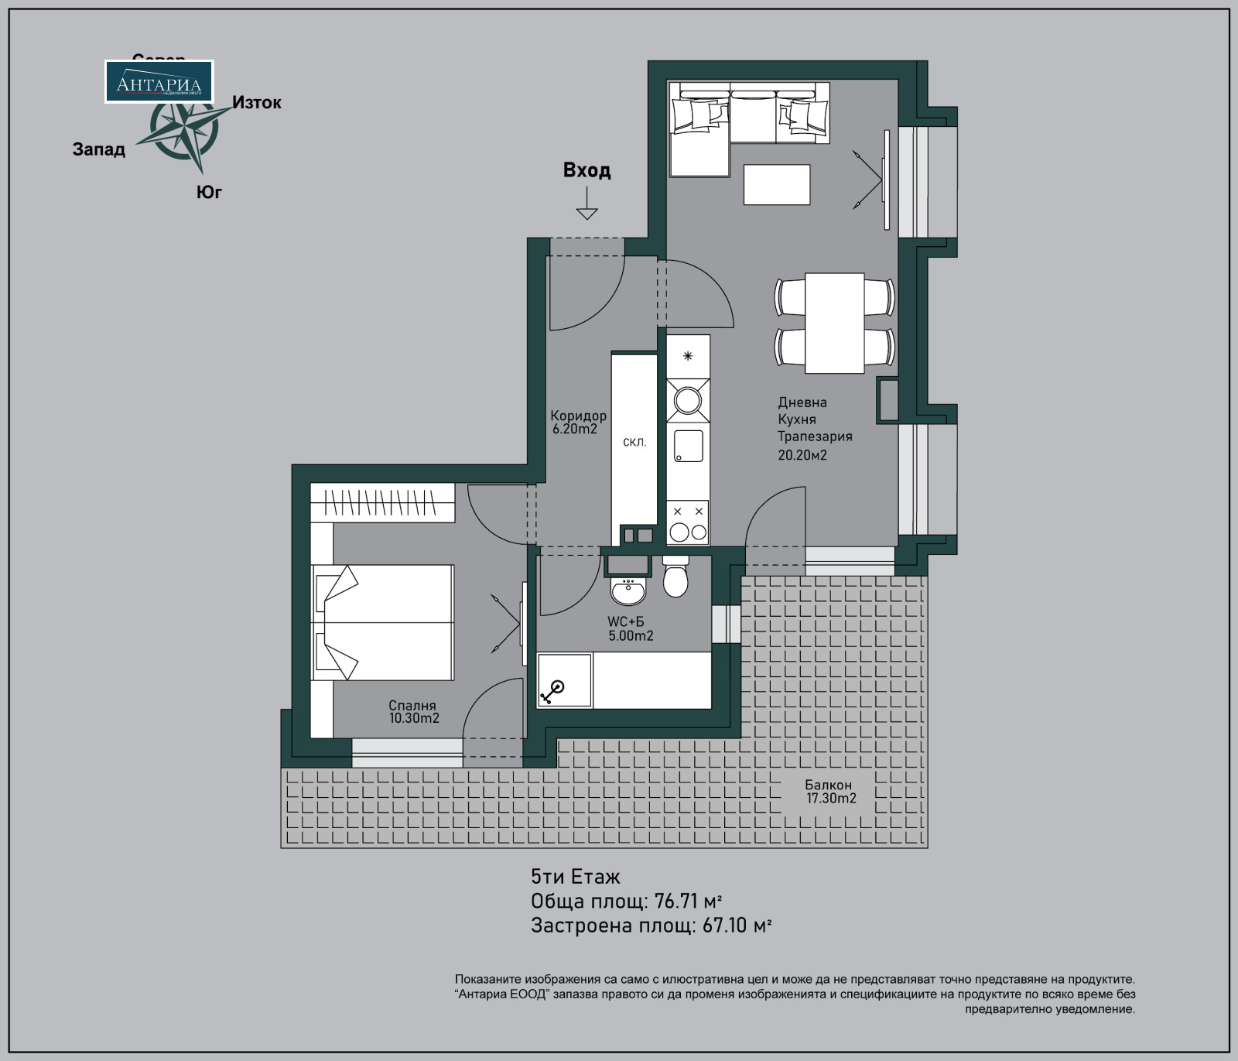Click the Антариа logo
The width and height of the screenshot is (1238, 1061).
tap(159, 82)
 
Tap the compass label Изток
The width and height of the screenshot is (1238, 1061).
tap(257, 103)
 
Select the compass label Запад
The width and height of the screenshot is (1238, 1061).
tap(99, 149)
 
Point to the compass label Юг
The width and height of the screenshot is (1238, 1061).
tap(209, 192)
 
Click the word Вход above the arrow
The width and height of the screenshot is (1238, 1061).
tap(587, 170)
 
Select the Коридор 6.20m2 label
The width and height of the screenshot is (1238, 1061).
tap(577, 423)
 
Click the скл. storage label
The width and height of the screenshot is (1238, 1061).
tap(634, 443)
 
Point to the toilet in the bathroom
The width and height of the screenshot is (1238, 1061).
tap(675, 580)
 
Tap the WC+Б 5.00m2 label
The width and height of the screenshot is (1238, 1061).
tap(630, 629)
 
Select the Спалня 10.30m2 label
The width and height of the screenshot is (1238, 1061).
tap(413, 712)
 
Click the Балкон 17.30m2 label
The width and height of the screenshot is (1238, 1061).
tap(830, 792)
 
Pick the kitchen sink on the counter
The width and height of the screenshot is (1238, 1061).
tap(688, 446)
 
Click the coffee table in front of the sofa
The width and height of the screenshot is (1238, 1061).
tap(776, 185)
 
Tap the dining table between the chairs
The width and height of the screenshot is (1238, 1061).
tap(834, 323)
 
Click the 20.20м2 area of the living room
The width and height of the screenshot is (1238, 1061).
tap(802, 455)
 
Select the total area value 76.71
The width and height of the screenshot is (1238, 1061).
tap(675, 902)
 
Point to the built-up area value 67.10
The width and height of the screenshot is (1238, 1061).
tap(724, 926)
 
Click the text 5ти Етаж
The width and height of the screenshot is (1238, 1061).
tap(575, 877)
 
